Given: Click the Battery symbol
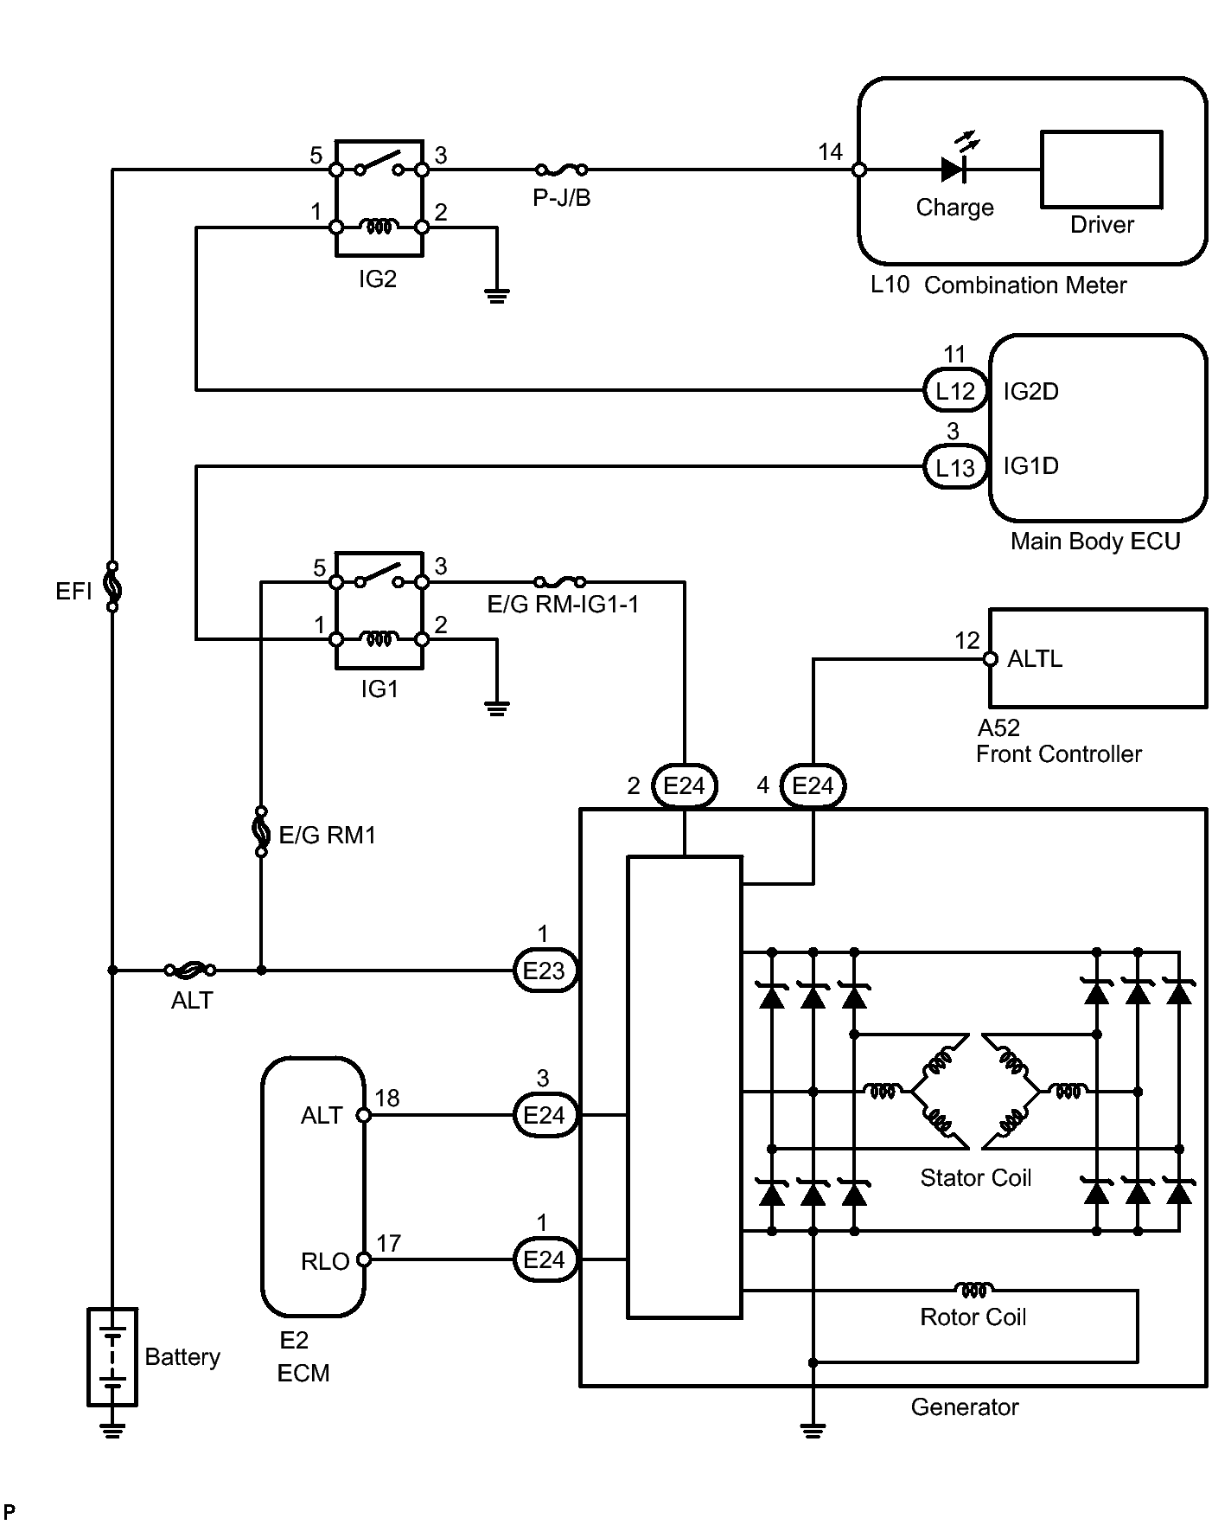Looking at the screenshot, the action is pos(112,1355).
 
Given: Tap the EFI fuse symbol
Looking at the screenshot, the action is pos(112,587).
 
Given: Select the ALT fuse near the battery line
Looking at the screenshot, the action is pos(191,971).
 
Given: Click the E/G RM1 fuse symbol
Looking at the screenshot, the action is pos(261,832).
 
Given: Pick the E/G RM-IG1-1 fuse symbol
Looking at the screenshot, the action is pos(560,582).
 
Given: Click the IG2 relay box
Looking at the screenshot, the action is pos(379,198).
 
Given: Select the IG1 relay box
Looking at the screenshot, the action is pos(379,610).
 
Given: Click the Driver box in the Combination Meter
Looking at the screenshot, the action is pos(1101,170).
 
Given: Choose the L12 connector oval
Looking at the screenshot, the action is pos(955,391).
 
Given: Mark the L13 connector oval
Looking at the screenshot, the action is pos(955,467).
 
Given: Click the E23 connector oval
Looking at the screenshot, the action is pos(544,971).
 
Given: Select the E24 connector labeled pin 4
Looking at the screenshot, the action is pos(813,786).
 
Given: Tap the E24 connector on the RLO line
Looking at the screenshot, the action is pos(544,1259).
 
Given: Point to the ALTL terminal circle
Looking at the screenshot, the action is pos(991,659).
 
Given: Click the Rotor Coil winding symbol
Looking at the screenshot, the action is pos(973,1290).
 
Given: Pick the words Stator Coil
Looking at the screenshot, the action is pos(975,1178).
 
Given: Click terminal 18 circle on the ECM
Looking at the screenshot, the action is pos(364,1115).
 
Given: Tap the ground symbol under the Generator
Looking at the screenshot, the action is pos(813,1429).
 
